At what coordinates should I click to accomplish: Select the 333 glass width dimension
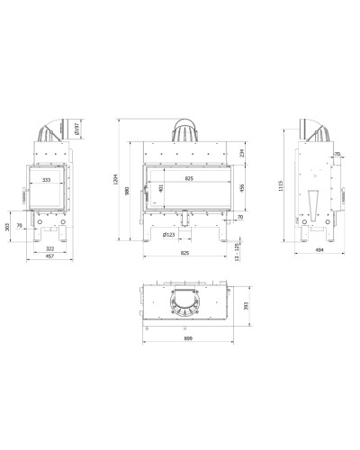pyautogui.click(x=46, y=180)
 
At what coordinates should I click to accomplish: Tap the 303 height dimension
pyautogui.click(x=8, y=227)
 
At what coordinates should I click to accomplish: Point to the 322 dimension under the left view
pyautogui.click(x=49, y=248)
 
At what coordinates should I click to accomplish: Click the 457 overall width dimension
pyautogui.click(x=49, y=256)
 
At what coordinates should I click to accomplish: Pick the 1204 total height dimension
pyautogui.click(x=116, y=179)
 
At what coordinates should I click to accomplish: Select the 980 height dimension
pyautogui.click(x=127, y=191)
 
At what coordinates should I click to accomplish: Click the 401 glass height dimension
pyautogui.click(x=161, y=188)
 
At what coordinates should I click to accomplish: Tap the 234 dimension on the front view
pyautogui.click(x=242, y=153)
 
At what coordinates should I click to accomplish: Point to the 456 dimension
pyautogui.click(x=242, y=188)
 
